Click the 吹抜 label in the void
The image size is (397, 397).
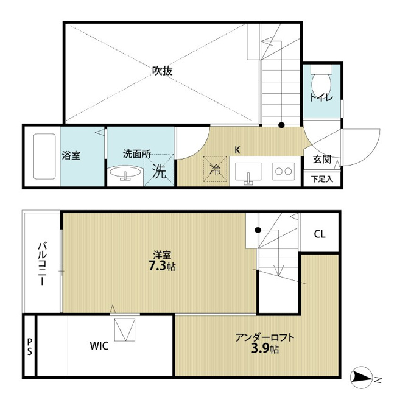click(163, 71)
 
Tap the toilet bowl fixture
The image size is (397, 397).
click(321, 82)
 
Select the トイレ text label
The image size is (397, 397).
click(321, 97)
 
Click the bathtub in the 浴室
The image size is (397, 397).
click(44, 156)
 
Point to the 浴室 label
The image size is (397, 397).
click(71, 155)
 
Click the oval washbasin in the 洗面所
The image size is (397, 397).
click(125, 172)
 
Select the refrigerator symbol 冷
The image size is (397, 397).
click(215, 169)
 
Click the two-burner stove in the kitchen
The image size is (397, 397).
click(284, 172)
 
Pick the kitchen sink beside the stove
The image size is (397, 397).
click(248, 172)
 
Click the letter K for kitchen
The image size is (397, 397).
click(237, 150)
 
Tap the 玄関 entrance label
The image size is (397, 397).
click(322, 159)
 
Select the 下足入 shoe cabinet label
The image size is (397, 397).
click(322, 179)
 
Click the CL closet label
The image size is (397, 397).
click(320, 234)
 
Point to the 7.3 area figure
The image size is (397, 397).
click(157, 266)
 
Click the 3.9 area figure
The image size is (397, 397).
click(260, 349)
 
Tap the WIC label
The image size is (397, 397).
click(99, 346)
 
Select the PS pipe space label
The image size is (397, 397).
click(30, 347)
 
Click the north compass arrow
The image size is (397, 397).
click(361, 378)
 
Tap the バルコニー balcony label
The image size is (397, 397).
click(43, 264)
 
